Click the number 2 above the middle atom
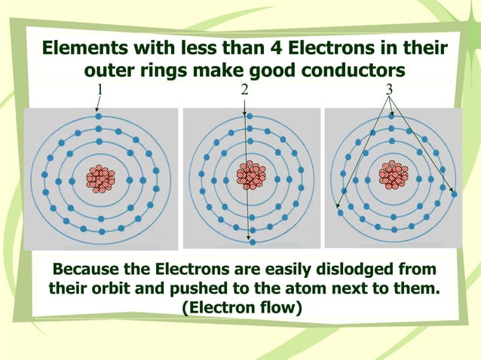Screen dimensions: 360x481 pos(244,90)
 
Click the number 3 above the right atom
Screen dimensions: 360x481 pos(389,90)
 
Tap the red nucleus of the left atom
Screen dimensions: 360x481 pos(100,179)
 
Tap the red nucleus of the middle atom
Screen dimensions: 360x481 pos(250,175)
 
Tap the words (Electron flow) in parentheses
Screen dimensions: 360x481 pos(241,308)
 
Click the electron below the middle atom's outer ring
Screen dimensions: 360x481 pos(252,242)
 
